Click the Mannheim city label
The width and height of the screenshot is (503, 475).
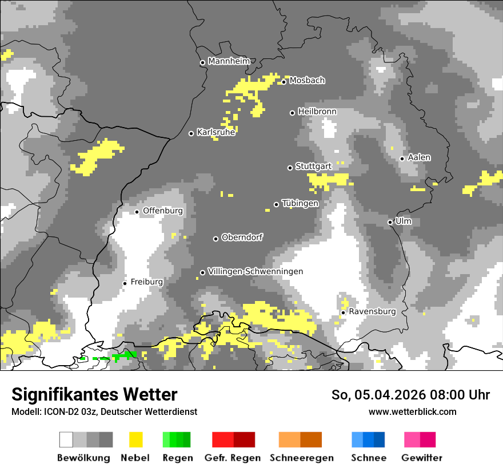[229, 61]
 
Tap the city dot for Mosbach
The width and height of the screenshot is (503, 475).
[284, 82]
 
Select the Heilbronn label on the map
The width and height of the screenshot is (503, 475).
[317, 112]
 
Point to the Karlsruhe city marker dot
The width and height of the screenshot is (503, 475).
[191, 133]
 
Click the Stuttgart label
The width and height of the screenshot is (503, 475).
[313, 167]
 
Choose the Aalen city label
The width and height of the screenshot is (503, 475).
[419, 157]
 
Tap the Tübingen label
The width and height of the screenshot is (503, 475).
[300, 204]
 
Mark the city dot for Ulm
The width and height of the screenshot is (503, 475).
[390, 222]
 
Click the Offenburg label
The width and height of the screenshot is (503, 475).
[163, 211]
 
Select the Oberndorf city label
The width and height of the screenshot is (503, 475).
[242, 237]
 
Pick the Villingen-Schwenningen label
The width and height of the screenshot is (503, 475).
[256, 271]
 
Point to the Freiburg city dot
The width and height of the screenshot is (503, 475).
[125, 283]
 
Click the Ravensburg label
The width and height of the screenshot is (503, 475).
[372, 312]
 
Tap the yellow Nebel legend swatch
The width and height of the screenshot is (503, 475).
[136, 440]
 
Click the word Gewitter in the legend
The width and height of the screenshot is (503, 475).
[422, 458]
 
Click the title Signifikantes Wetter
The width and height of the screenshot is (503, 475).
[94, 394]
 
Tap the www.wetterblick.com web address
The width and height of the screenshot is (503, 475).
[412, 411]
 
